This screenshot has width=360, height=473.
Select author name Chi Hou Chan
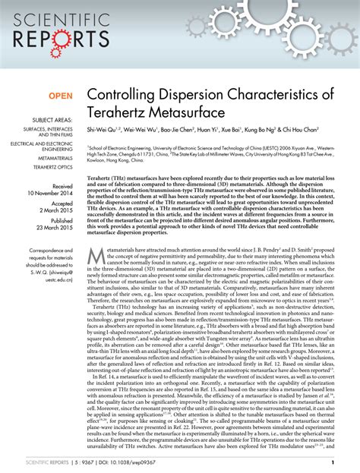[317, 131]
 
